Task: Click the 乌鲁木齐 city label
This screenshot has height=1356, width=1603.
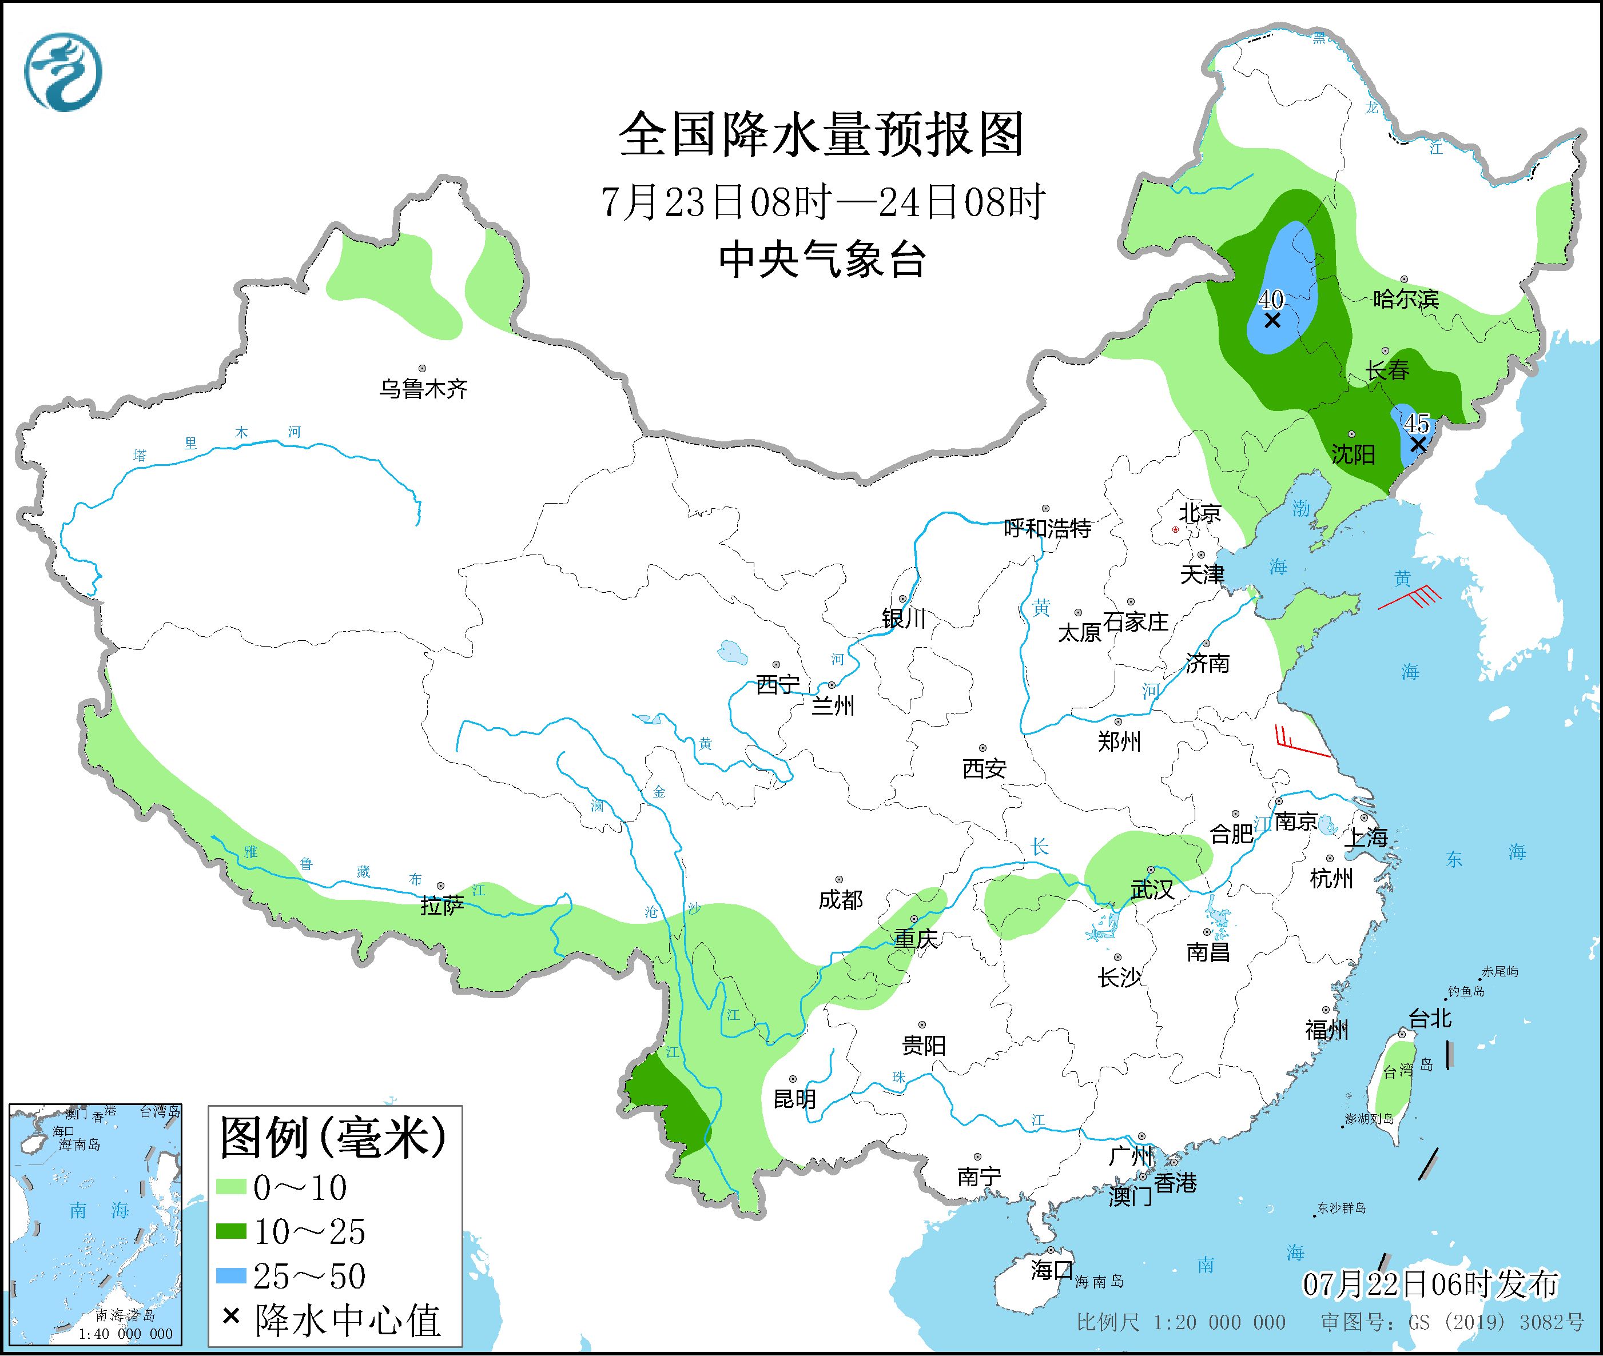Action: [423, 389]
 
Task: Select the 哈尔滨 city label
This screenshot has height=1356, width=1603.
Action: [1405, 299]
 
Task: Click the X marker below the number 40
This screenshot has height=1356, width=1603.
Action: [1272, 320]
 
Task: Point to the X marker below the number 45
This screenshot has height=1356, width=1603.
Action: [1418, 444]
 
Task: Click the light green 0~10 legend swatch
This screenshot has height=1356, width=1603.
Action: [230, 1188]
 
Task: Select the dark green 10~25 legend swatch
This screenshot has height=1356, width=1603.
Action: [230, 1233]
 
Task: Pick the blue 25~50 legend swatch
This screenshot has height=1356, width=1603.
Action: [230, 1276]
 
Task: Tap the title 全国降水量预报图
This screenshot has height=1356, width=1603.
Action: [822, 134]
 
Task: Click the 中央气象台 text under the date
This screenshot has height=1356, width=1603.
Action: [822, 259]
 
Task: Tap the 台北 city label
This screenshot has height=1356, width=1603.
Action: [1430, 1019]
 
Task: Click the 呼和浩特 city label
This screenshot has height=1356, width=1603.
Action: [1047, 529]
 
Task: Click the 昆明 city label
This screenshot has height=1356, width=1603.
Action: [794, 1099]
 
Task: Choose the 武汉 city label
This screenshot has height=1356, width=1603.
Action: [1152, 890]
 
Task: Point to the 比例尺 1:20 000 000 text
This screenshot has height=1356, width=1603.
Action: [1181, 1322]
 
